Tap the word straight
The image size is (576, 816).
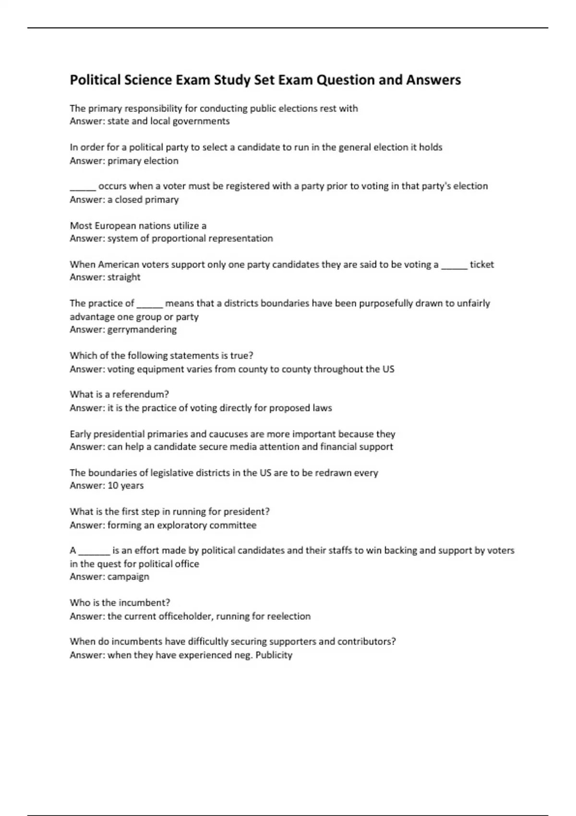click(124, 277)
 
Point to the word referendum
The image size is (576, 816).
click(143, 394)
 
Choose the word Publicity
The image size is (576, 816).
click(274, 655)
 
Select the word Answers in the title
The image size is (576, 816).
click(433, 80)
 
